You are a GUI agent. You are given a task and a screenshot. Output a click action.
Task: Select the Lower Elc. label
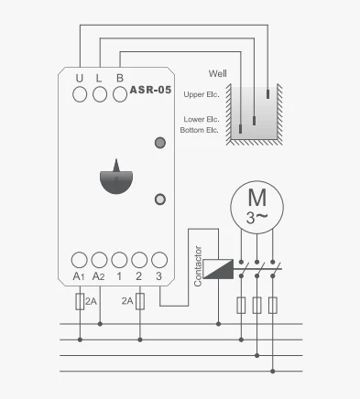(201, 119)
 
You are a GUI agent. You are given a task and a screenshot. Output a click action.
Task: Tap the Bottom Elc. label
(200, 130)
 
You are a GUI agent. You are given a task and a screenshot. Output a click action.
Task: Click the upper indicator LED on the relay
(160, 143)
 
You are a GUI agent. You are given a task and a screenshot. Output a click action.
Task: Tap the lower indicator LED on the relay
(160, 198)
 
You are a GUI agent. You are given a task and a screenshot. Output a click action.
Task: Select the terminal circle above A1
(79, 259)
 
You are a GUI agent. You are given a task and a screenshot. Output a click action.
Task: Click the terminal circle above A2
(99, 259)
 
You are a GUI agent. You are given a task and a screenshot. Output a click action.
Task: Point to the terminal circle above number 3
(159, 259)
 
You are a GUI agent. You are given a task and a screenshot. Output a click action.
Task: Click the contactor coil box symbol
(217, 268)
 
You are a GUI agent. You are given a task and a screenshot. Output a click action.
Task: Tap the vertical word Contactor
(197, 265)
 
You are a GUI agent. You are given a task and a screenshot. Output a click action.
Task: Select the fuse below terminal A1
(79, 301)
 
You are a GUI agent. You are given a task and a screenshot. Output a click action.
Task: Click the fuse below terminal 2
(139, 301)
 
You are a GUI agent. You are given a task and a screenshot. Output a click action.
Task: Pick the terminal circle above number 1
(119, 259)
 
